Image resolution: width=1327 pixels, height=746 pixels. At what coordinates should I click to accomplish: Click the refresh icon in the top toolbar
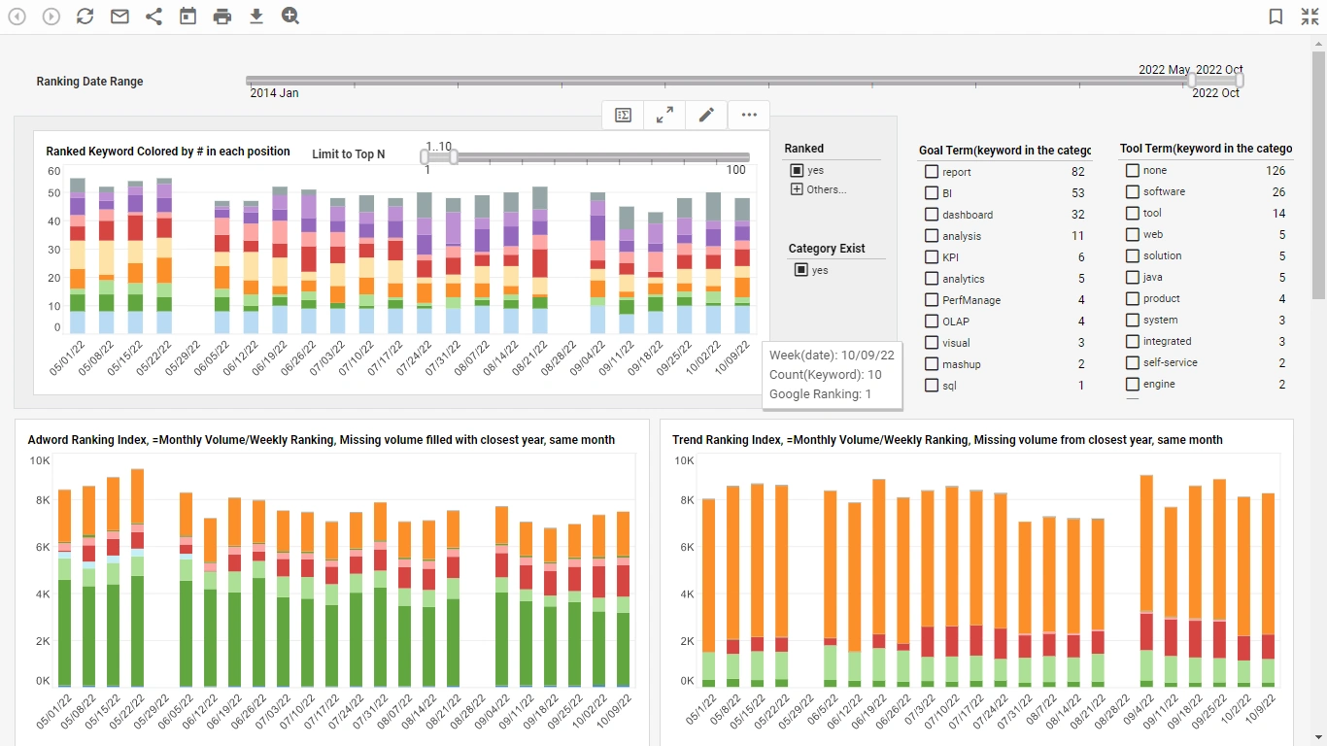[x=85, y=17]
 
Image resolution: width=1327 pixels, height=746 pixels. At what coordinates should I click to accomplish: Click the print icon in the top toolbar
[x=222, y=17]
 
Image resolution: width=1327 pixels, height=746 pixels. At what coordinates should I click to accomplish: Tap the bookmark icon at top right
[x=1276, y=17]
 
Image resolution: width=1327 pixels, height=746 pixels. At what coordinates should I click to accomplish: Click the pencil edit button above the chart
[x=706, y=115]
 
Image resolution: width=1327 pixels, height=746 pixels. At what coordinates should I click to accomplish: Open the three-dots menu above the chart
[x=748, y=115]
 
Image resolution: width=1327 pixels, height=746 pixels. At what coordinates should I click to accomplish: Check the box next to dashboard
[x=932, y=214]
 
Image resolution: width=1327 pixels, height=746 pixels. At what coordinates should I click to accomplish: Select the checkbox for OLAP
[x=932, y=321]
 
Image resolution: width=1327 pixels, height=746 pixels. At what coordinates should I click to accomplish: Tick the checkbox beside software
[x=1133, y=191]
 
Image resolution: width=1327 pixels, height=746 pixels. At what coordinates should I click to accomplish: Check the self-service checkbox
[x=1133, y=362]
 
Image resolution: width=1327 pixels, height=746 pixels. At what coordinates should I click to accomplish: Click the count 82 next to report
[x=1077, y=172]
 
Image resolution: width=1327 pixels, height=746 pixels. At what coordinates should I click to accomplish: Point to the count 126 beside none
[x=1275, y=171]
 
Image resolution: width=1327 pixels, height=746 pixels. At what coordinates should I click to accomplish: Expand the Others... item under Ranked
[x=798, y=189]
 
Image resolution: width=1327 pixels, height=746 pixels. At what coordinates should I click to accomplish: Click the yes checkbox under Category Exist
[x=801, y=270]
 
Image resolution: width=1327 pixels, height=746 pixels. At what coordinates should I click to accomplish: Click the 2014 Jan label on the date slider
[x=275, y=93]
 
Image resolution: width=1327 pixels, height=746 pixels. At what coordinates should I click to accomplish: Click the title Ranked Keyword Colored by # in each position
[x=168, y=152]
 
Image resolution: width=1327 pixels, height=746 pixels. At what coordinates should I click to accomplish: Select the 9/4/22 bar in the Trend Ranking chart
[x=1146, y=583]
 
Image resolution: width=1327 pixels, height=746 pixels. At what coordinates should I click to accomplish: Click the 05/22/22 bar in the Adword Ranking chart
[x=137, y=583]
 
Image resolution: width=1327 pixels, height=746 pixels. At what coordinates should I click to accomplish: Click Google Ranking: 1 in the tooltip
[x=820, y=394]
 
